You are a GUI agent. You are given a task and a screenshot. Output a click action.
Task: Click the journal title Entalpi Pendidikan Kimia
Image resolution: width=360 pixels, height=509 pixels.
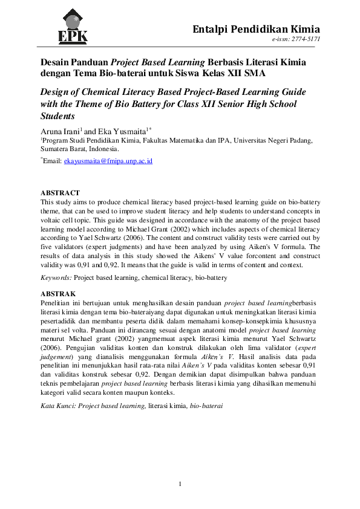256,29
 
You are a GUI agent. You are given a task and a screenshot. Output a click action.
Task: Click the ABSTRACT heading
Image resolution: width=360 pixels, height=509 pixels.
59,193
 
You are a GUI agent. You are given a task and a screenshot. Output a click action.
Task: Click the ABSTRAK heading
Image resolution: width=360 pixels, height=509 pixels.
58,293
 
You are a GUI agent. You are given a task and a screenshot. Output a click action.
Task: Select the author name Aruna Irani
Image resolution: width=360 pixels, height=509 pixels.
59,130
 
